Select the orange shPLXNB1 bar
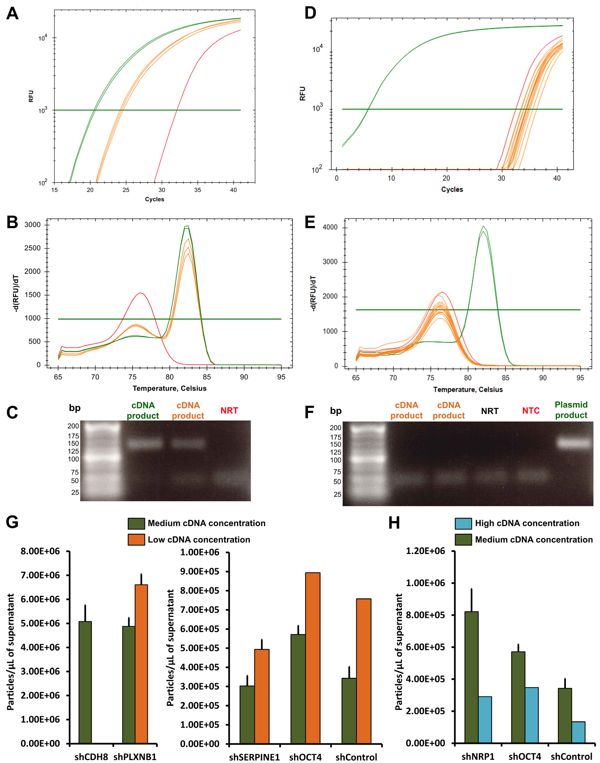point(141,664)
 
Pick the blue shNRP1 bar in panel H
point(485,719)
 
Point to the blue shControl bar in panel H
point(578,732)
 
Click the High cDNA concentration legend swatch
point(463,524)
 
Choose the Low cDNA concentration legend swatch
point(136,540)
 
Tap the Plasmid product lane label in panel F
point(571,410)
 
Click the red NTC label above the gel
point(530,410)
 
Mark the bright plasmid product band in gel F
point(574,443)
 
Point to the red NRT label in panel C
point(229,410)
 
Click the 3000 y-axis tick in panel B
point(32,225)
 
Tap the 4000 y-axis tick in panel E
point(330,227)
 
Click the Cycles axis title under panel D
point(452,190)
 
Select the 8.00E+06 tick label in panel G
point(40,551)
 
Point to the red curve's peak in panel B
point(140,293)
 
